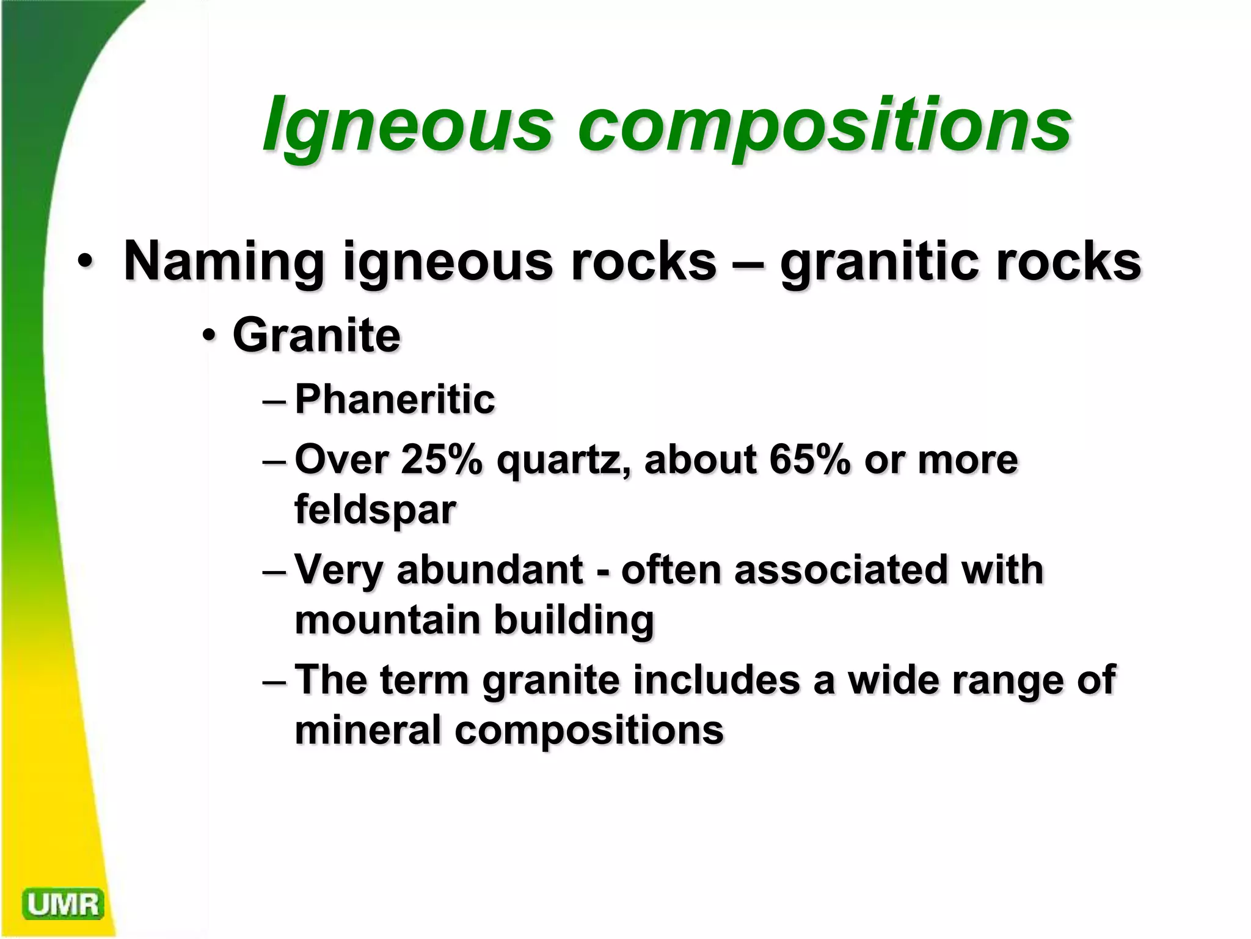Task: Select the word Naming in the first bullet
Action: [x=224, y=262]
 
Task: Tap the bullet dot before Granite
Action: [x=210, y=336]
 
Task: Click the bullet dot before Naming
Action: [x=85, y=262]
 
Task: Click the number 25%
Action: [x=442, y=460]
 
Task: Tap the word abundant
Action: [x=490, y=570]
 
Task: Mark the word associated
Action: [x=840, y=570]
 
